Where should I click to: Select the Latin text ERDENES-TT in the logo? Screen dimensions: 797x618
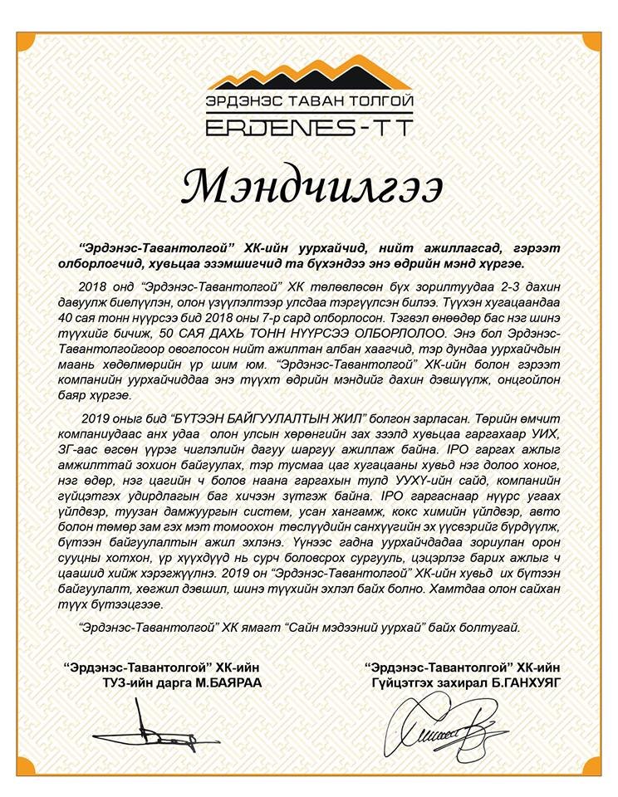click(x=309, y=127)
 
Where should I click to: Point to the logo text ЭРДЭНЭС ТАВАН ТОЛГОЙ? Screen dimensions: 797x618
click(x=309, y=103)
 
